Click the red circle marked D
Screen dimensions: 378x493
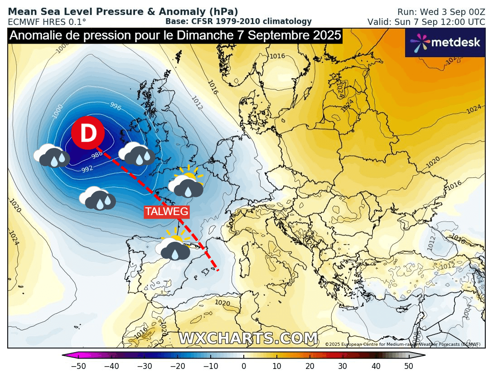point(88,133)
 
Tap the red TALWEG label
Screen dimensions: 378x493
point(166,211)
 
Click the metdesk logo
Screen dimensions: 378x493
point(445,43)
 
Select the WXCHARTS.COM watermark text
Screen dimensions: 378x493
point(248,339)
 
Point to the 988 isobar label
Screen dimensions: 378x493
point(97,155)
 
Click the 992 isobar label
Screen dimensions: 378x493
point(87,169)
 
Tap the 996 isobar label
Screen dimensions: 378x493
point(116,106)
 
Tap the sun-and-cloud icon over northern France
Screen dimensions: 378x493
point(185,183)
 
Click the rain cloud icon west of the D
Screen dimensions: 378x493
point(52,155)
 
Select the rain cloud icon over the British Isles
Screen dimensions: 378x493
point(136,153)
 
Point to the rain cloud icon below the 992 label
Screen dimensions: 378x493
point(97,198)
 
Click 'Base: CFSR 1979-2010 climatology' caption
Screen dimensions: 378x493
point(238,21)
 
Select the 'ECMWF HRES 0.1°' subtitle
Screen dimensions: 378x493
point(47,22)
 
